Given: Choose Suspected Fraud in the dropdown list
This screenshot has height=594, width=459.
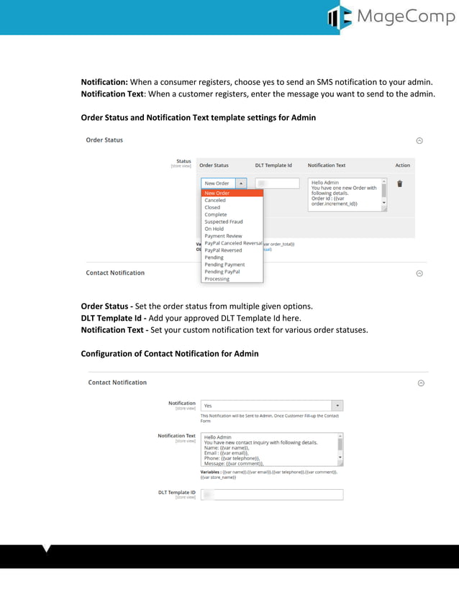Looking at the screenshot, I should [x=224, y=221].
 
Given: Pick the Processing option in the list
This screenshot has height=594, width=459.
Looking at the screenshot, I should [x=217, y=279].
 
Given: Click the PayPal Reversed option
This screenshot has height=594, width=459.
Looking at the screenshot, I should [x=223, y=250].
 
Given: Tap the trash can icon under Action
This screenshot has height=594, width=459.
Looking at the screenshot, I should [x=400, y=183].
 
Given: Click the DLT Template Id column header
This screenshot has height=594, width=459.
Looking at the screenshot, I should [x=273, y=165].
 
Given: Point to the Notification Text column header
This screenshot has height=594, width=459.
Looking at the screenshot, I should [x=327, y=165].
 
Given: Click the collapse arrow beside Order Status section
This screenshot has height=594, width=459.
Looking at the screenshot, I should [x=420, y=141].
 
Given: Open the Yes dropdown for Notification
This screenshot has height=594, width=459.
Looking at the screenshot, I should [x=271, y=406].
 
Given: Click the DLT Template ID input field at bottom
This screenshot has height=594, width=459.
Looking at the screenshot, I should [x=271, y=495].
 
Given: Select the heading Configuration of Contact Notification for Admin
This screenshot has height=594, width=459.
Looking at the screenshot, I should [x=170, y=354].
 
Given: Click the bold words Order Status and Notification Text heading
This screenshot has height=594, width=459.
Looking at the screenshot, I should [x=198, y=117].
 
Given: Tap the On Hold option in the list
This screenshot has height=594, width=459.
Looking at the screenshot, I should [x=214, y=229].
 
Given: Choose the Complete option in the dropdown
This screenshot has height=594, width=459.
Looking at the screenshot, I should [x=216, y=214].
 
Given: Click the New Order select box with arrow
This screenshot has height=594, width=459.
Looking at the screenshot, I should [x=224, y=183].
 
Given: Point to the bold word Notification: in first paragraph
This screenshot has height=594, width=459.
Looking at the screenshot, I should [x=104, y=83].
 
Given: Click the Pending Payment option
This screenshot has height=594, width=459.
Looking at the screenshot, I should [x=224, y=265].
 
